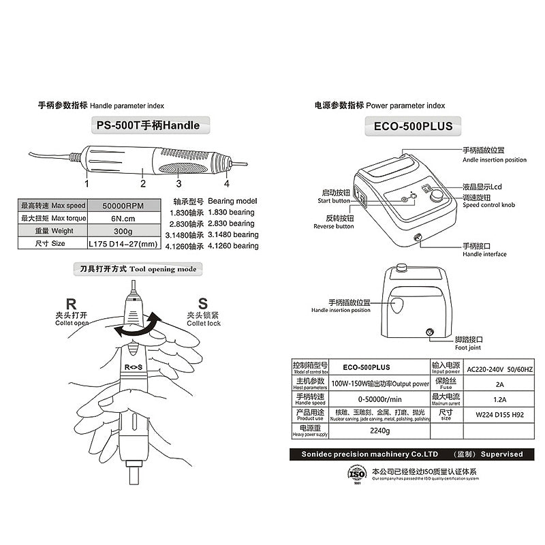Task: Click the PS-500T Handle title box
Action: tap(149, 125)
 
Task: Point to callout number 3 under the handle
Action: tap(178, 183)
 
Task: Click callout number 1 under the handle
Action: tap(87, 183)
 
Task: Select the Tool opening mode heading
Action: tap(138, 269)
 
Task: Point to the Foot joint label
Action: tap(469, 342)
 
